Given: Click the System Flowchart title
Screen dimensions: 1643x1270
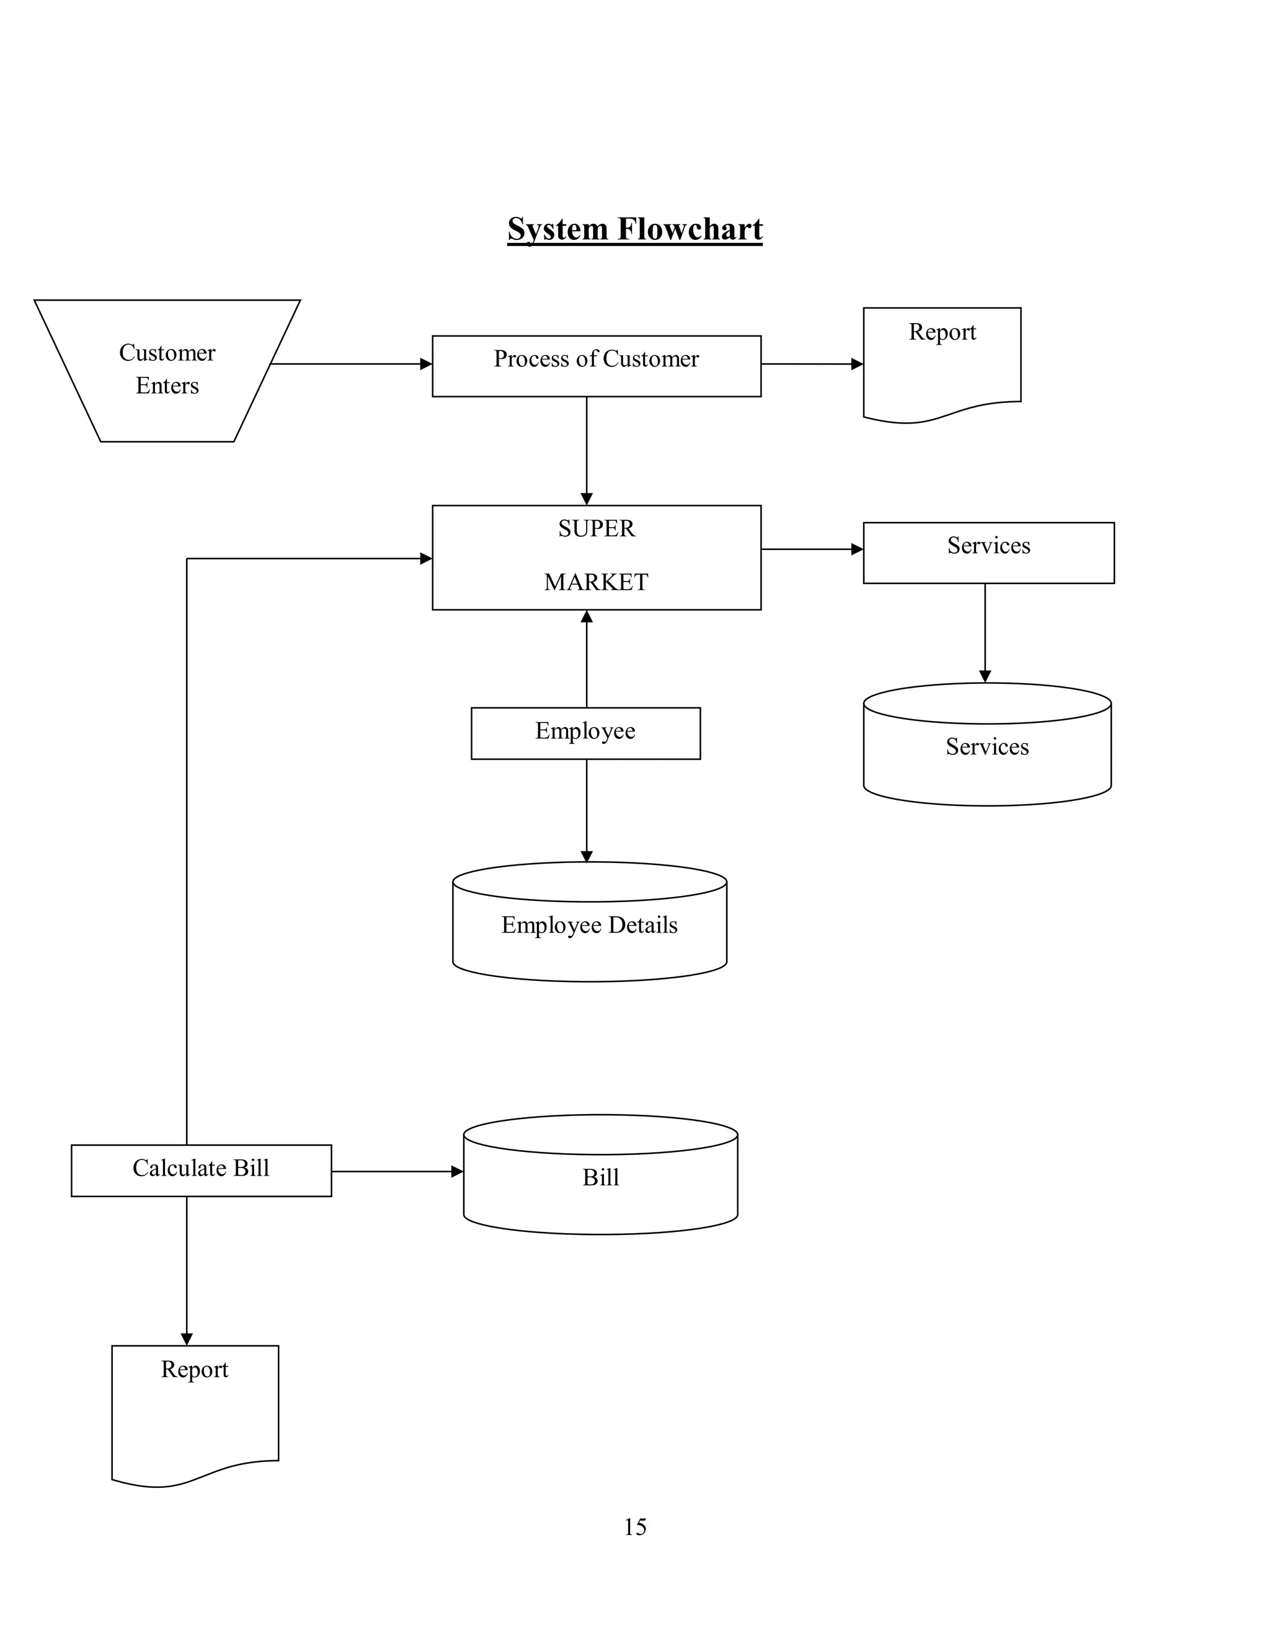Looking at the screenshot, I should click(x=634, y=229).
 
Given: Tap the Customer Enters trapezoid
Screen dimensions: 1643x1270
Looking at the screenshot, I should click(x=167, y=370).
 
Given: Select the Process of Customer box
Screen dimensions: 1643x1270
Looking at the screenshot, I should click(x=596, y=366).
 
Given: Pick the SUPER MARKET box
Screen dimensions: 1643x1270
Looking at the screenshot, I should click(x=596, y=557).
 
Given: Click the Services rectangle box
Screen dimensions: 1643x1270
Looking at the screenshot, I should click(x=988, y=552).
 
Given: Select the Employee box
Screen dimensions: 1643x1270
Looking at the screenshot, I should click(x=585, y=733).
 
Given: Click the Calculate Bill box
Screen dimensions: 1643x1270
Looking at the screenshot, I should click(x=201, y=1170).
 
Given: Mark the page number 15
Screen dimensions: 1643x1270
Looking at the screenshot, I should click(x=634, y=1526).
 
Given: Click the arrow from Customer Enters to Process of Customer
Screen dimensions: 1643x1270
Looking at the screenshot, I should click(x=350, y=364).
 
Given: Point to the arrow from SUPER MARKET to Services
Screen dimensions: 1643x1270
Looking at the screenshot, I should click(x=811, y=549).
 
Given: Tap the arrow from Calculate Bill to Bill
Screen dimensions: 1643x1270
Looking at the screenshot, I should click(x=396, y=1171).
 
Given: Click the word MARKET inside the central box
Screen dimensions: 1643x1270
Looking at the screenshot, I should click(x=596, y=582).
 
